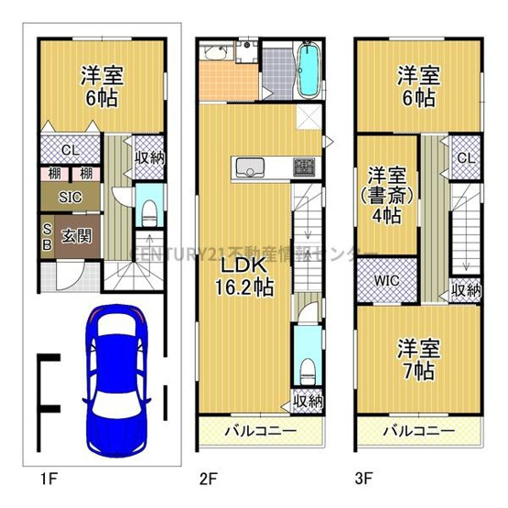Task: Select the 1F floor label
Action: pyautogui.click(x=47, y=478)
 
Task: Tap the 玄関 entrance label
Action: pyautogui.click(x=76, y=235)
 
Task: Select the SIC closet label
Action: pyautogui.click(x=70, y=197)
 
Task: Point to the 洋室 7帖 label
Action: pyautogui.click(x=416, y=360)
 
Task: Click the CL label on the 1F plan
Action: pyautogui.click(x=70, y=151)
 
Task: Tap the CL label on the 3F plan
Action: pyautogui.click(x=466, y=159)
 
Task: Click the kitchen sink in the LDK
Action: pyautogui.click(x=249, y=168)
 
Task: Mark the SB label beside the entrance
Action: pyautogui.click(x=46, y=236)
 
